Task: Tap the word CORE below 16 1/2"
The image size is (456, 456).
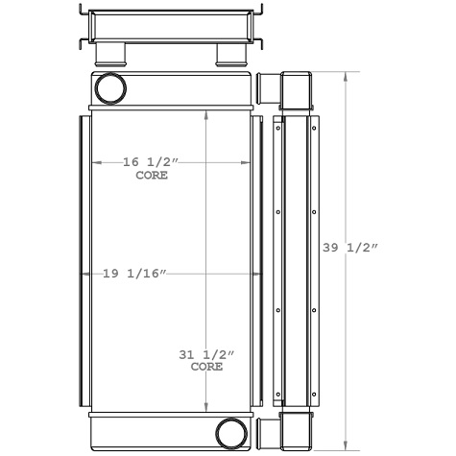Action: pos(151,176)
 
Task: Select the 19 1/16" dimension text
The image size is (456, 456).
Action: pos(135,275)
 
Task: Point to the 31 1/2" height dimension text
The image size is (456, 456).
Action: pos(206,354)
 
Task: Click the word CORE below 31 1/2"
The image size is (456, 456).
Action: pos(206,367)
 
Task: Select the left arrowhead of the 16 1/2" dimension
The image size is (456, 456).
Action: pos(94,163)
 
